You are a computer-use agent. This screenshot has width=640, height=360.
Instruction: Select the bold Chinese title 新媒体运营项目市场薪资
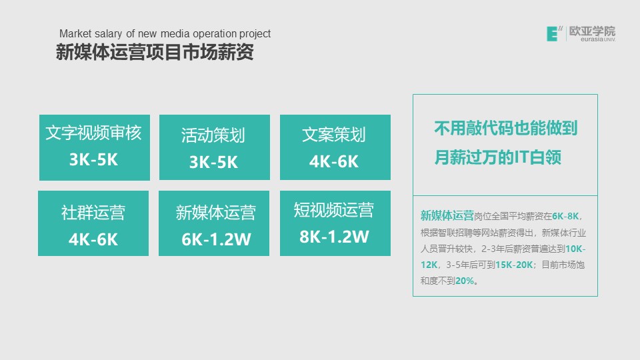click(155, 52)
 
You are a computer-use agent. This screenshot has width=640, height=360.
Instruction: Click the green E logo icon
click(552, 34)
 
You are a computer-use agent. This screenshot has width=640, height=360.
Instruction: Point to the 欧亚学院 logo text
click(592, 31)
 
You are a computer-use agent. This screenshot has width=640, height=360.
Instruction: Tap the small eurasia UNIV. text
click(597, 39)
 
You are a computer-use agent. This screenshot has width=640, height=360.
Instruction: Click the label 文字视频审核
click(93, 133)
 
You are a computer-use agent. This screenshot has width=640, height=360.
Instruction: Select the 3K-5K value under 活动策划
click(213, 162)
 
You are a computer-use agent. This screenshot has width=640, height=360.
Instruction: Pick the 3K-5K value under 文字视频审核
click(93, 159)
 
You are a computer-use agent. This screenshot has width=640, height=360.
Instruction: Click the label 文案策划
click(334, 135)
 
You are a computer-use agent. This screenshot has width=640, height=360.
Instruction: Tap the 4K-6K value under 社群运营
click(93, 239)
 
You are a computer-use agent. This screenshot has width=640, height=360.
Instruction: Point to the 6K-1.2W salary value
click(216, 239)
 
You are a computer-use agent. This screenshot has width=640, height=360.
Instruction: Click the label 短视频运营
click(334, 210)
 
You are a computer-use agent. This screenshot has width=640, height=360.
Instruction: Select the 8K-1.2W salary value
click(334, 237)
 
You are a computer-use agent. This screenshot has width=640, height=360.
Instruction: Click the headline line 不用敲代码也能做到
click(506, 128)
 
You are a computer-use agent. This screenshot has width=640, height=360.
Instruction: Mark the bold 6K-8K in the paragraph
click(565, 216)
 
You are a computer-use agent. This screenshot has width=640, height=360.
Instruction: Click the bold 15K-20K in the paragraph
click(514, 265)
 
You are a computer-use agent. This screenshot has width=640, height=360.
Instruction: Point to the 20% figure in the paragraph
click(465, 281)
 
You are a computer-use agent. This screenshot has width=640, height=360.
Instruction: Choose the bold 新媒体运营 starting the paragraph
click(447, 215)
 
